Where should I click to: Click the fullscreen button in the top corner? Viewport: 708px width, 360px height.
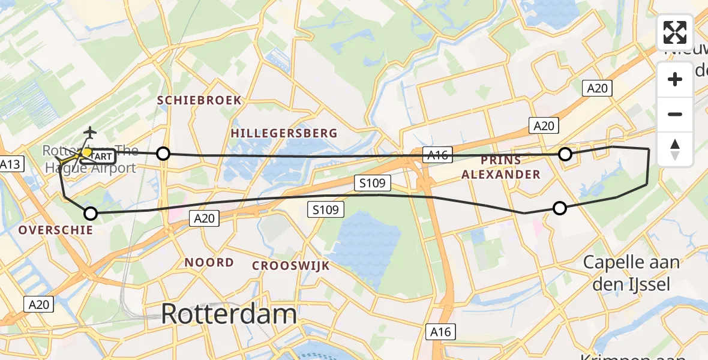click(675, 32)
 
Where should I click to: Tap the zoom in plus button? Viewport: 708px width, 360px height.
click(675, 79)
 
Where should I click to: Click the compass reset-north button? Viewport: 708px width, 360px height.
click(675, 149)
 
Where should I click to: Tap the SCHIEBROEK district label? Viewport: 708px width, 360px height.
click(199, 100)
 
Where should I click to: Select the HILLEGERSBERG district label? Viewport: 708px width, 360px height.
click(284, 133)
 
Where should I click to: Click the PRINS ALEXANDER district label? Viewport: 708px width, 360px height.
click(511, 167)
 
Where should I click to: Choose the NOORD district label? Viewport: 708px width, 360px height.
click(209, 262)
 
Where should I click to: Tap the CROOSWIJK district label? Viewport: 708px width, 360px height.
click(291, 265)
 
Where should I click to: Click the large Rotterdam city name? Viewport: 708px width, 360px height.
click(229, 314)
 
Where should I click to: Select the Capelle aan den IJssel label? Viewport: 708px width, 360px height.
click(631, 272)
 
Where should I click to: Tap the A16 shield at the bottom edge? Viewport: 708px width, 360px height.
click(441, 332)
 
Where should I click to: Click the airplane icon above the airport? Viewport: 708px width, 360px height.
click(90, 132)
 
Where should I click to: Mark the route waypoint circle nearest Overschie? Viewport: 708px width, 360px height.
click(91, 213)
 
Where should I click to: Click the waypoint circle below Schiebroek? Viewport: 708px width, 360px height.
click(163, 154)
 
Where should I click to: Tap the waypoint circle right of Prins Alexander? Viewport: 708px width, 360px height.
click(565, 155)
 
